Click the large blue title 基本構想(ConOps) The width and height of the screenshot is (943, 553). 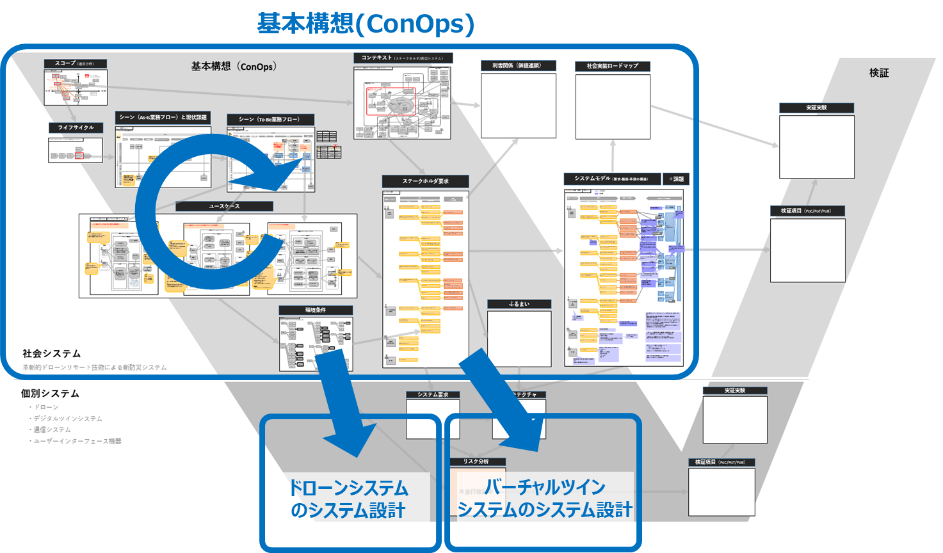tap(366, 24)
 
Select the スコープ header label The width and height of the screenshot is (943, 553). tap(75, 63)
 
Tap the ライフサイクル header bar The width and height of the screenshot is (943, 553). tap(76, 127)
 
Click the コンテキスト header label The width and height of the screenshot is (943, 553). tap(403, 58)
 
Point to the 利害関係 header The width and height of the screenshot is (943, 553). tap(518, 65)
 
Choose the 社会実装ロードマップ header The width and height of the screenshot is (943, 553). tap(612, 66)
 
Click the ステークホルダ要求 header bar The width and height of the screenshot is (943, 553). tap(425, 181)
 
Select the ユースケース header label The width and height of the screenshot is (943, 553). tap(224, 206)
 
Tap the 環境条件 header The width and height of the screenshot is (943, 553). tap(316, 310)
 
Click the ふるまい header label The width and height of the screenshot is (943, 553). tap(519, 304)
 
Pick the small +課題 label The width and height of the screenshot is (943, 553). tap(676, 179)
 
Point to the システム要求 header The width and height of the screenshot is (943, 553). tap(433, 394)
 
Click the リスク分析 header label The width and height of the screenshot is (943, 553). tap(476, 461)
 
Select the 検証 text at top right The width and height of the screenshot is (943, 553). tap(878, 73)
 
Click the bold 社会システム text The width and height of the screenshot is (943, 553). tap(52, 353)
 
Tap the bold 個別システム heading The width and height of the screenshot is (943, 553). tap(50, 393)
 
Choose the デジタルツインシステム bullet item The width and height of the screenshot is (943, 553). tap(68, 418)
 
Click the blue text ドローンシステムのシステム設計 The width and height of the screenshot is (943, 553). tap(348, 499)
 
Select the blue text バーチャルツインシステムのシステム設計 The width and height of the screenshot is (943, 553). tap(544, 498)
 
